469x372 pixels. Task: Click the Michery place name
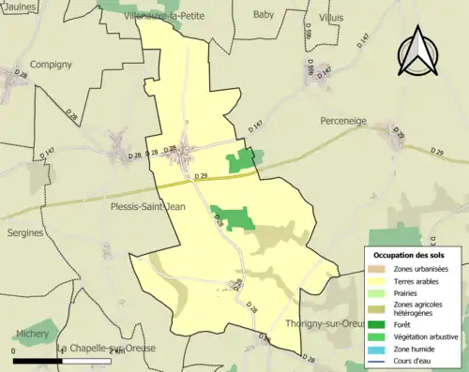[x=33, y=333]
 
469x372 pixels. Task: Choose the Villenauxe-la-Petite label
[x=186, y=15]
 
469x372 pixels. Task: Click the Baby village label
[x=264, y=15]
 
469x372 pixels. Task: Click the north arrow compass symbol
[x=418, y=54]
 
